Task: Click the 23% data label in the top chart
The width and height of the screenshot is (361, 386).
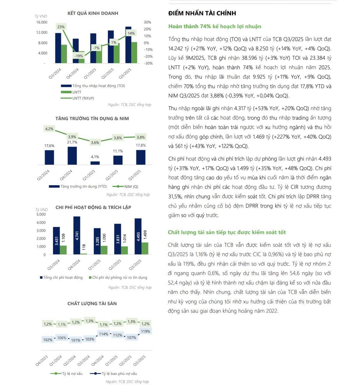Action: pyautogui.click(x=61, y=27)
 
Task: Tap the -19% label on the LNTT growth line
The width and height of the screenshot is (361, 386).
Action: pyautogui.click(x=79, y=56)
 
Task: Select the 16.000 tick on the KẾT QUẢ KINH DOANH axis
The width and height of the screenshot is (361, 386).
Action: pyautogui.click(x=42, y=22)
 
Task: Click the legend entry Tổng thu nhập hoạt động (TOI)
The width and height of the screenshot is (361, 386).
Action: pyautogui.click(x=98, y=86)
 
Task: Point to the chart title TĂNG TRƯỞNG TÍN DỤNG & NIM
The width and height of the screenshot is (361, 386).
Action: pyautogui.click(x=92, y=118)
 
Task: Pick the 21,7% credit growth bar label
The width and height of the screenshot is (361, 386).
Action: pyautogui.click(x=72, y=142)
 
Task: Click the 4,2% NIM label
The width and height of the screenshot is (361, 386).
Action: pyautogui.click(x=49, y=129)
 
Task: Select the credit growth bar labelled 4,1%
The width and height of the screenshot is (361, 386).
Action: pyautogui.click(x=95, y=163)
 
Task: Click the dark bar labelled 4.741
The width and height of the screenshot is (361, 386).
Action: pyautogui.click(x=77, y=235)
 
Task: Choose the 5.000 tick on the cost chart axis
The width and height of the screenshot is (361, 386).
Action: pyautogui.click(x=41, y=214)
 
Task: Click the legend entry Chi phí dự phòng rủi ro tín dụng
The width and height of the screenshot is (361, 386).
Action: pyautogui.click(x=119, y=277)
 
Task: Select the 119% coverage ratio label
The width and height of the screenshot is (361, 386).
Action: pyautogui.click(x=145, y=331)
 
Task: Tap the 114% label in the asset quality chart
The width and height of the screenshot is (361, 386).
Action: pyautogui.click(x=103, y=334)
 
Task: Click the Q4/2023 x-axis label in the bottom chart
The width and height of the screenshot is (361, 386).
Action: pyautogui.click(x=42, y=360)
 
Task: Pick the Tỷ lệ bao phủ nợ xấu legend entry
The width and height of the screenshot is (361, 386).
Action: pyautogui.click(x=119, y=374)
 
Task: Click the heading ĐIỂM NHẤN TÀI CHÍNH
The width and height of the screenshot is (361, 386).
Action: pyautogui.click(x=202, y=13)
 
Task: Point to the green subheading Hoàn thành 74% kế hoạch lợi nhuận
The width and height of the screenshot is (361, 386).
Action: pyautogui.click(x=214, y=26)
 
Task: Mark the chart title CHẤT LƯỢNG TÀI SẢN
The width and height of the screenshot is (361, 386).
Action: pyautogui.click(x=92, y=304)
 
